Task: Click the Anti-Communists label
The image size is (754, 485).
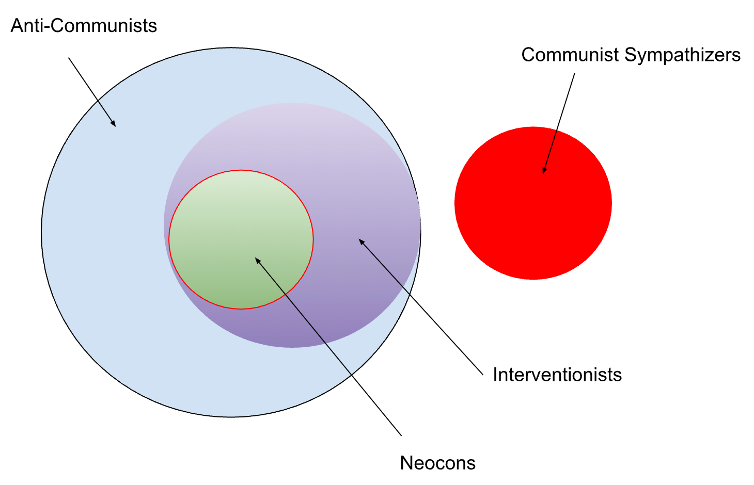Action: tap(84, 26)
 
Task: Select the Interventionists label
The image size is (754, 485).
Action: tap(557, 375)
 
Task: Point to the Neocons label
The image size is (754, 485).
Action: tap(437, 463)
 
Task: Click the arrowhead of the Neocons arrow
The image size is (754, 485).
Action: tap(257, 260)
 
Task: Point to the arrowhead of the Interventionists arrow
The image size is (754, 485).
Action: tap(361, 241)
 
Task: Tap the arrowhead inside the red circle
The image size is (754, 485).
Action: tap(544, 171)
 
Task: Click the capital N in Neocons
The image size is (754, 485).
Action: tap(406, 463)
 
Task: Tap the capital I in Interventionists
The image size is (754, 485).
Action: tap(496, 375)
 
